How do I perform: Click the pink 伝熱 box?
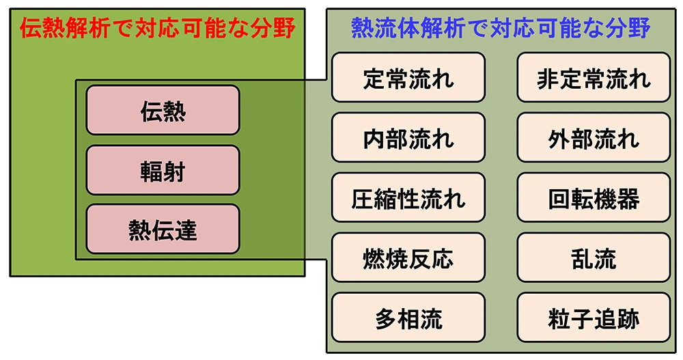(x=163, y=110)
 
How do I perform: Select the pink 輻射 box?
(x=163, y=170)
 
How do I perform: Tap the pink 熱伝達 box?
(x=163, y=229)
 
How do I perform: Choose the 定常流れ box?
(x=408, y=78)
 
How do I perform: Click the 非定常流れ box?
(x=594, y=78)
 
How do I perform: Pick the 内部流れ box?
(x=408, y=138)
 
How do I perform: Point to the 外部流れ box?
(x=594, y=138)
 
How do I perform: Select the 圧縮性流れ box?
(x=408, y=197)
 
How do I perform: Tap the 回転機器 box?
(x=594, y=197)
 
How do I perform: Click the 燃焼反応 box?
(x=408, y=258)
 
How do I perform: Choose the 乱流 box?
(x=594, y=258)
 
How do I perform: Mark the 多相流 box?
(x=408, y=318)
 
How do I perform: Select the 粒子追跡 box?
(x=594, y=318)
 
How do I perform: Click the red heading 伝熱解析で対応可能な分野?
(x=158, y=28)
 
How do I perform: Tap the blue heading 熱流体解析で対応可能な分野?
(x=501, y=28)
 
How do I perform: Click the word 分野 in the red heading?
(x=273, y=28)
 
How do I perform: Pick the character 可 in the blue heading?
(x=548, y=28)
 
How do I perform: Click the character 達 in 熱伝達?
(x=186, y=230)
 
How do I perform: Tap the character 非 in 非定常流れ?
(x=548, y=79)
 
